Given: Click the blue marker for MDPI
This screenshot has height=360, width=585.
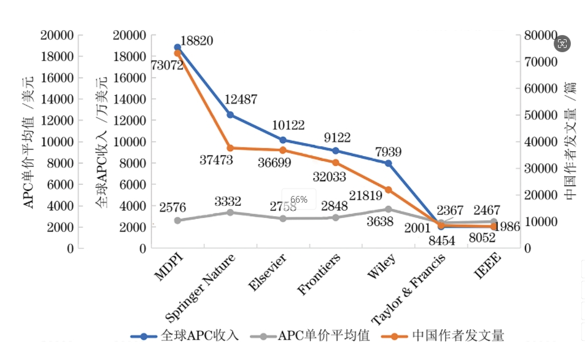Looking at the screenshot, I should tap(177, 47).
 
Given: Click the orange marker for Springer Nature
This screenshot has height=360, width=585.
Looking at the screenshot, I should tap(230, 148).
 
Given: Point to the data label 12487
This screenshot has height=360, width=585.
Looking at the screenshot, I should tap(241, 100).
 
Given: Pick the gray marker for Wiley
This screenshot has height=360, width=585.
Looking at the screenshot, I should tap(388, 209).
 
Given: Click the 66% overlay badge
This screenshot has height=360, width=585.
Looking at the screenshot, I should tap(299, 200).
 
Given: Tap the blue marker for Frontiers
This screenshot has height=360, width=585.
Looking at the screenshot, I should tap(335, 151).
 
